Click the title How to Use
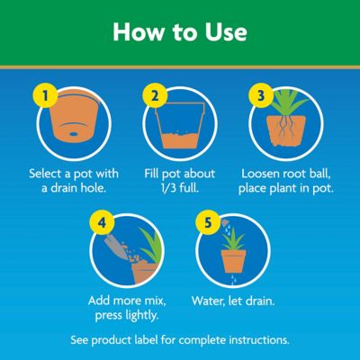click(180, 32)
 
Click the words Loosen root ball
click(288, 172)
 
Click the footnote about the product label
click(180, 341)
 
